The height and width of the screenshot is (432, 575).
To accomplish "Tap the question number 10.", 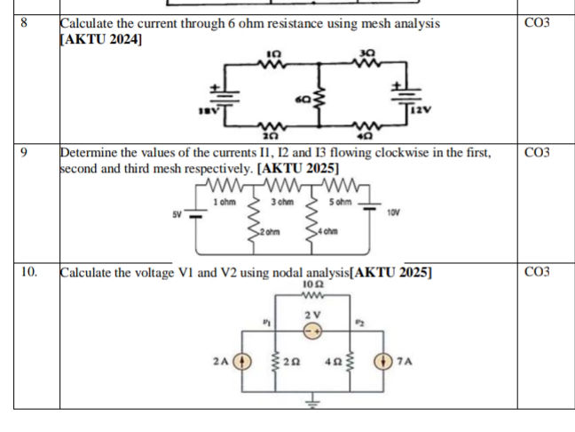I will coord(28,272).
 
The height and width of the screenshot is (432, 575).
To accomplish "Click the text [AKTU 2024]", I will coord(98,39).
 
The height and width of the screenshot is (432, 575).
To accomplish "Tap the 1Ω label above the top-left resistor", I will coord(273,54).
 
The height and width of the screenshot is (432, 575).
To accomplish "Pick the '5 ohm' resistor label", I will coord(340,203).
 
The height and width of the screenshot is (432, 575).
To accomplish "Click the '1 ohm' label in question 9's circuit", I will coord(224,203).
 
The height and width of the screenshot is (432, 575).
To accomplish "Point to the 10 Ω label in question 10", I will coord(311,284).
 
